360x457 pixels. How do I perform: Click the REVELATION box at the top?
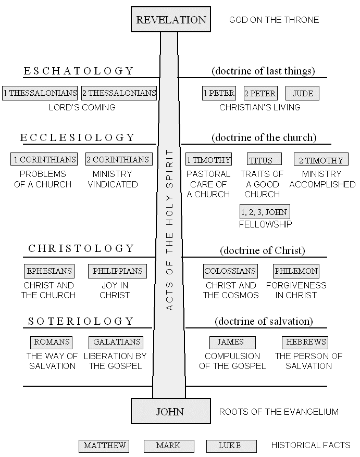tap(171, 20)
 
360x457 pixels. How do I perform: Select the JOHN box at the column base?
tap(170, 412)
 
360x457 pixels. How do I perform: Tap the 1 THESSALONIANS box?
tap(40, 93)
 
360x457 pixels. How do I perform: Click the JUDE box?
tap(303, 94)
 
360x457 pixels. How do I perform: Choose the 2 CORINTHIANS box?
tap(118, 159)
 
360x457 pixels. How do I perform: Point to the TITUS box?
tap(264, 159)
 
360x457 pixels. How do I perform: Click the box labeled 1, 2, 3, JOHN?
tap(264, 211)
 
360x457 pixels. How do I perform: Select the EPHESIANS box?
tap(49, 271)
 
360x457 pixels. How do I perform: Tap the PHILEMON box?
tap(296, 271)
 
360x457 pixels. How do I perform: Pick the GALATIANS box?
tap(116, 342)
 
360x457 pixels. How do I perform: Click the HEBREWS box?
tap(305, 342)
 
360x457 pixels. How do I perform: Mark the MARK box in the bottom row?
tap(168, 446)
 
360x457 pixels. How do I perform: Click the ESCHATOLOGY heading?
tap(79, 71)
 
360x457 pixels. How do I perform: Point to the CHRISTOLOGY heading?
tap(82, 249)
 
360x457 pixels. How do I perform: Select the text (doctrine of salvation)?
tap(264, 321)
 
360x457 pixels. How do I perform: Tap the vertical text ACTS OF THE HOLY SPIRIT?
tap(169, 230)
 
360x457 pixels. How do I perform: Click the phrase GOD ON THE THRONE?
tap(274, 20)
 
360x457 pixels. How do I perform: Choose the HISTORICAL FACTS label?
tap(311, 446)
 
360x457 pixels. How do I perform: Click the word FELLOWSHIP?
tap(265, 224)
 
